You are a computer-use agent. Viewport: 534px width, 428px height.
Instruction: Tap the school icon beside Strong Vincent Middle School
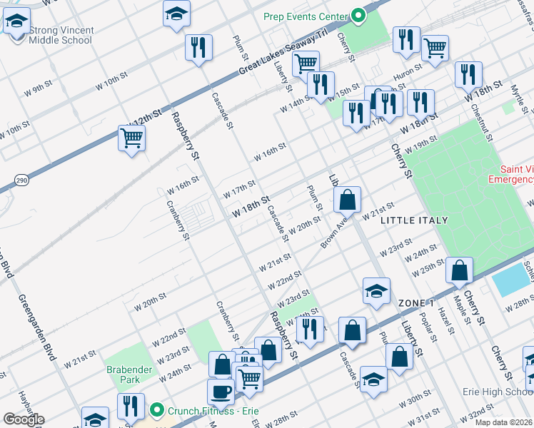tap(16, 23)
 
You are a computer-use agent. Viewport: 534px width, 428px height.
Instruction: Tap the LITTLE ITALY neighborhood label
tap(414, 221)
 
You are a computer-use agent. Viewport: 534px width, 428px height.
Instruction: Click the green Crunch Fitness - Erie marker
tap(157, 411)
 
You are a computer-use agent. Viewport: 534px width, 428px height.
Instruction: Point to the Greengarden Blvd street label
tap(36, 327)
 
